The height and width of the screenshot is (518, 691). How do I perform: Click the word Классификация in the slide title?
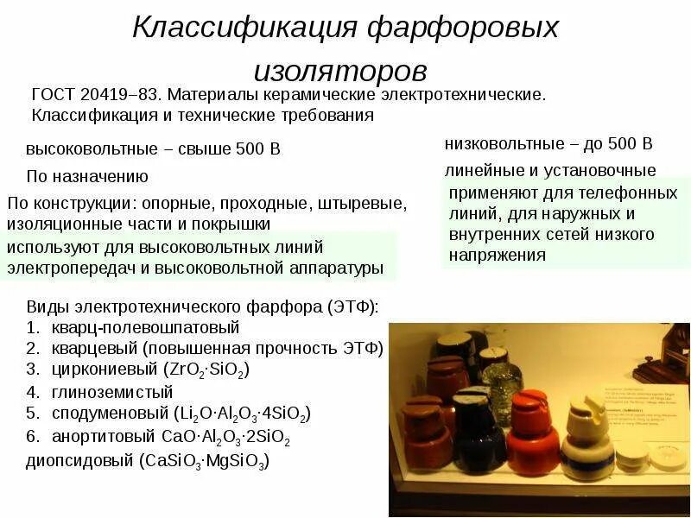coord(244,28)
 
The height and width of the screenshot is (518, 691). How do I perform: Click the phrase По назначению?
coord(87,176)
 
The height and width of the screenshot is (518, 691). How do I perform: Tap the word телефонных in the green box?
coord(631,193)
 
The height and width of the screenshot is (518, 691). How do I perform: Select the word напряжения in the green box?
coord(497,255)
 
